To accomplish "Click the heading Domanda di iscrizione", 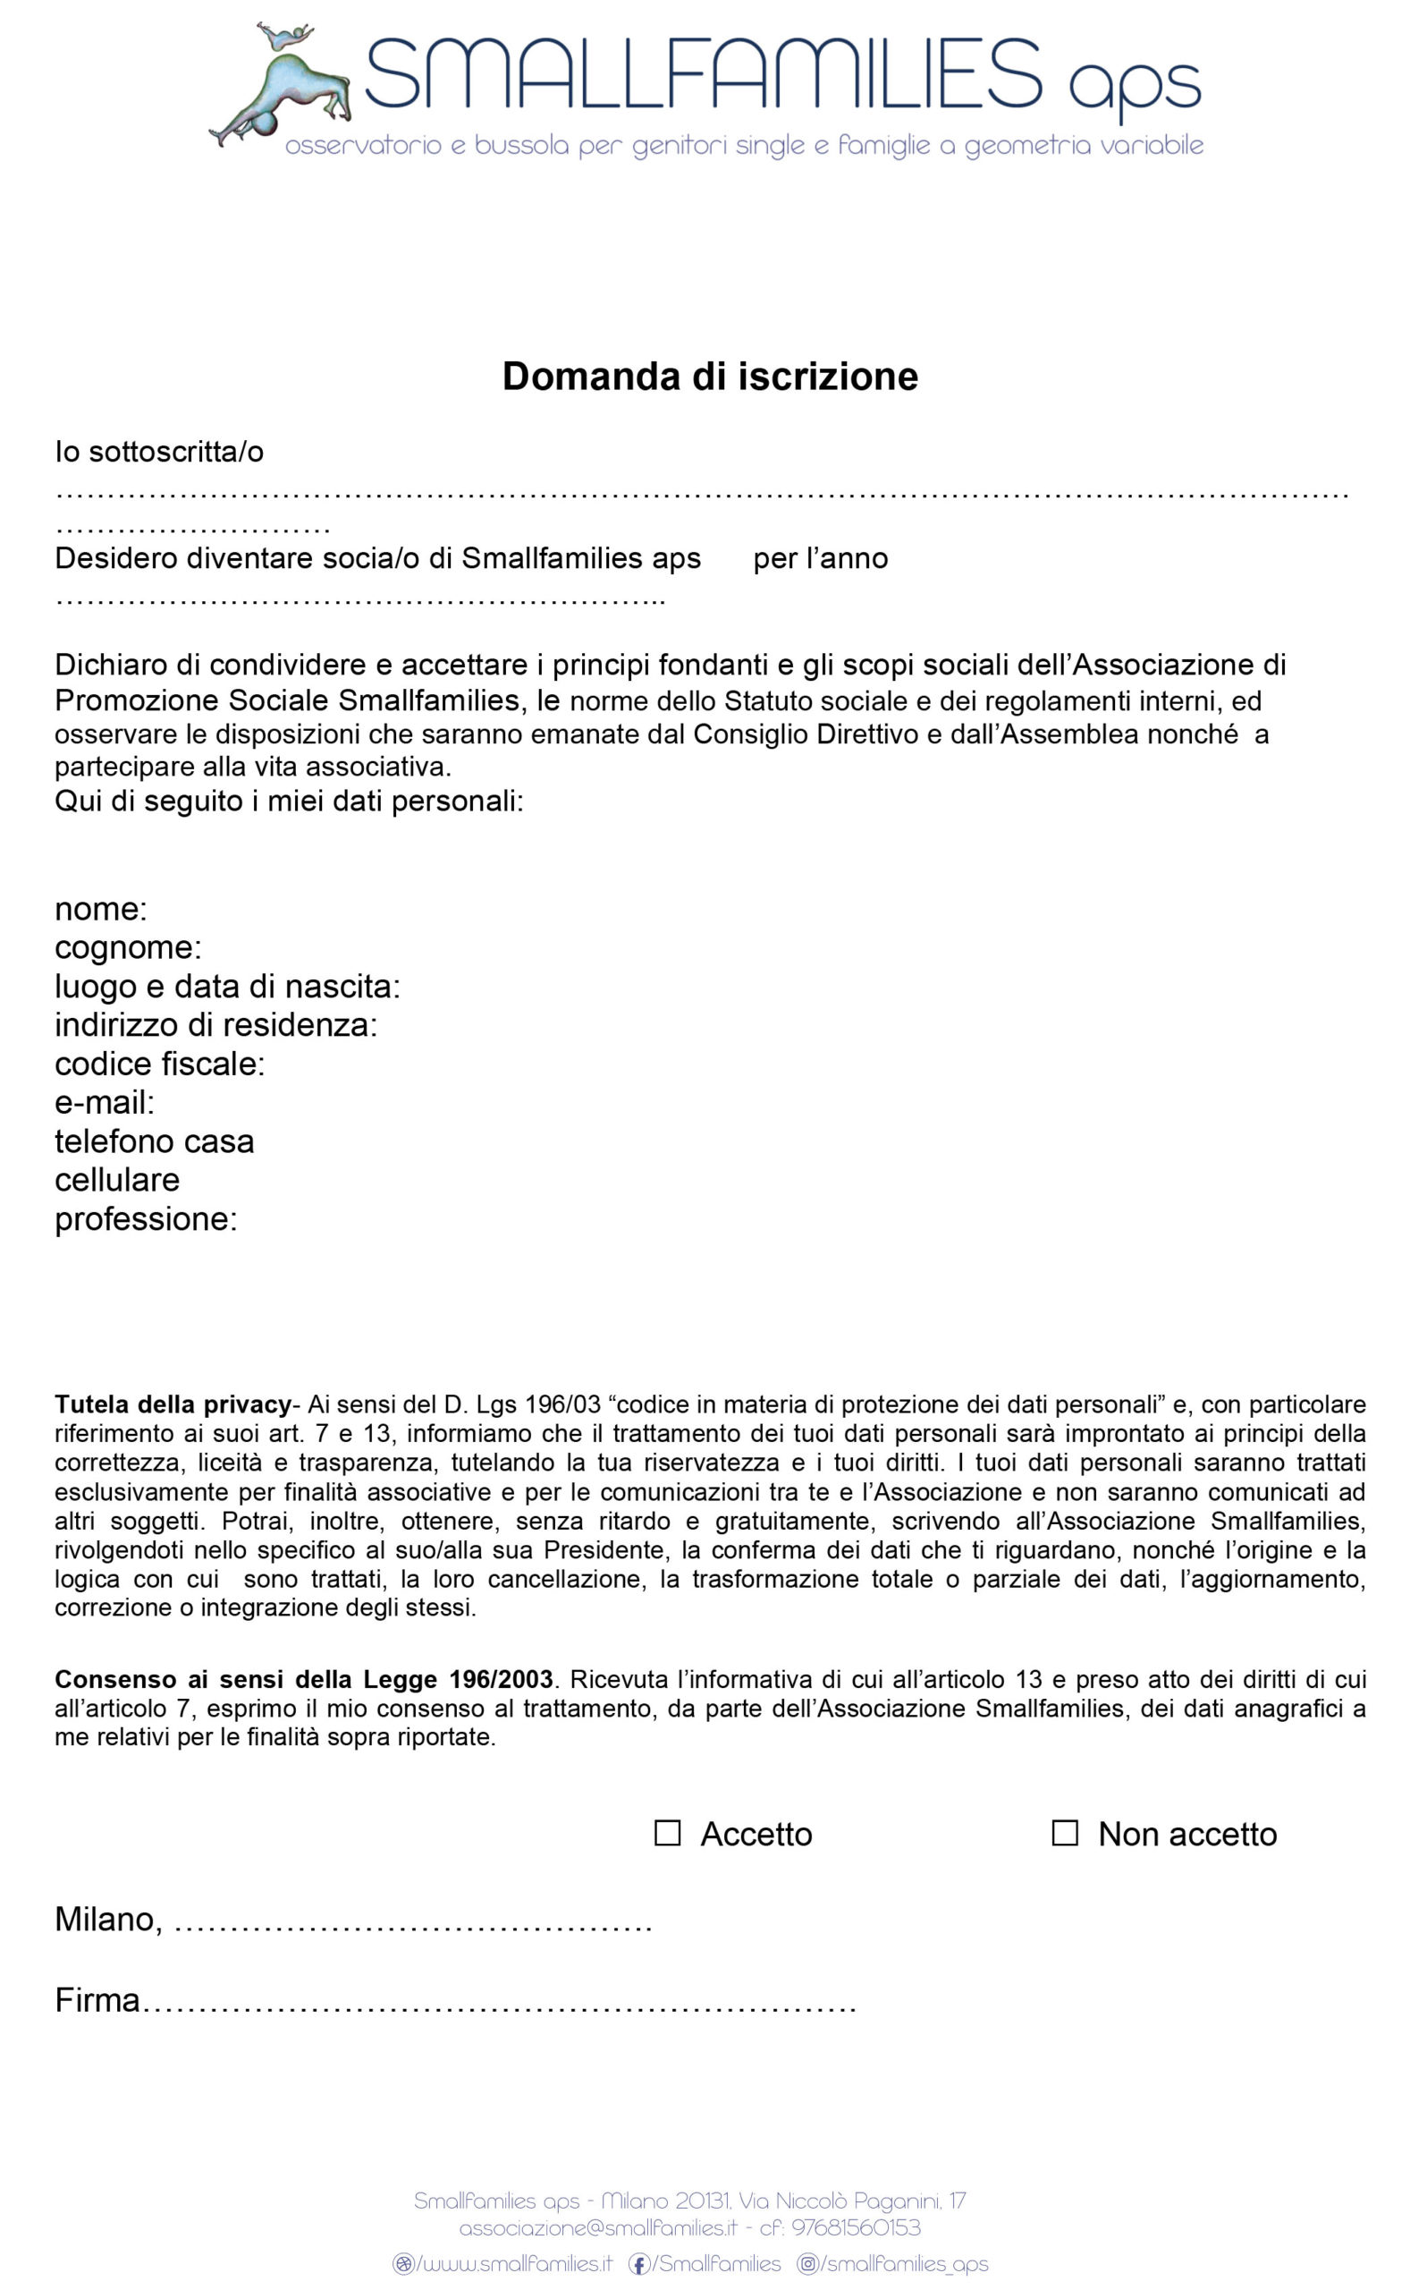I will coord(710,376).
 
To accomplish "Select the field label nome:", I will coord(101,909).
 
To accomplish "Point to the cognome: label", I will coord(127,947).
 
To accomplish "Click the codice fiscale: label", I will coord(159,1064).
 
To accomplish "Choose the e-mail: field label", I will coord(105,1103).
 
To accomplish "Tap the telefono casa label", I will coord(154,1141).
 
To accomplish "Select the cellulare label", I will coord(117,1180).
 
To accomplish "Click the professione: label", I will coord(146,1218).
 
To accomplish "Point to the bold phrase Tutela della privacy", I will coord(173,1404).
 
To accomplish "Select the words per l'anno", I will coord(820,559).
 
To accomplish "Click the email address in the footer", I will coord(597,2227).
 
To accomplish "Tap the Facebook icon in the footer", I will coord(639,2263).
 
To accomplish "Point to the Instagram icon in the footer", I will coord(808,2263).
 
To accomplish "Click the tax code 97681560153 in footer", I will coord(855,2227).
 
